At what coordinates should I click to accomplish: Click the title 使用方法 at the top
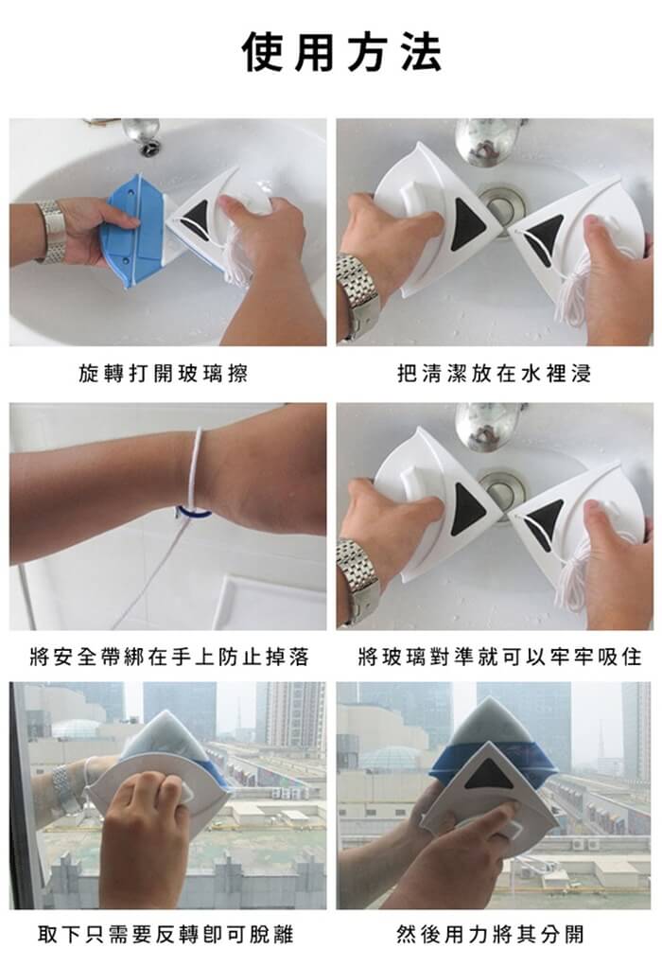click(341, 52)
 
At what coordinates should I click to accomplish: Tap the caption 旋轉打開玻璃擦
click(163, 374)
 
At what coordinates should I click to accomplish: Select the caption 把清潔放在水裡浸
click(495, 374)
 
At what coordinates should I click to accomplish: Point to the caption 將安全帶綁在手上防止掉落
click(168, 657)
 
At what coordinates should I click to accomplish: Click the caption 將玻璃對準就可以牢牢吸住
click(499, 657)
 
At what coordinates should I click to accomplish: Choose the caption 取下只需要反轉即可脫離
click(165, 935)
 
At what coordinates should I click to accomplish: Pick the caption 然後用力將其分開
click(490, 935)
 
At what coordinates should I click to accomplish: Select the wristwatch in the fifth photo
click(65, 787)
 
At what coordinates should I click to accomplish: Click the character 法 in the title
click(421, 52)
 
